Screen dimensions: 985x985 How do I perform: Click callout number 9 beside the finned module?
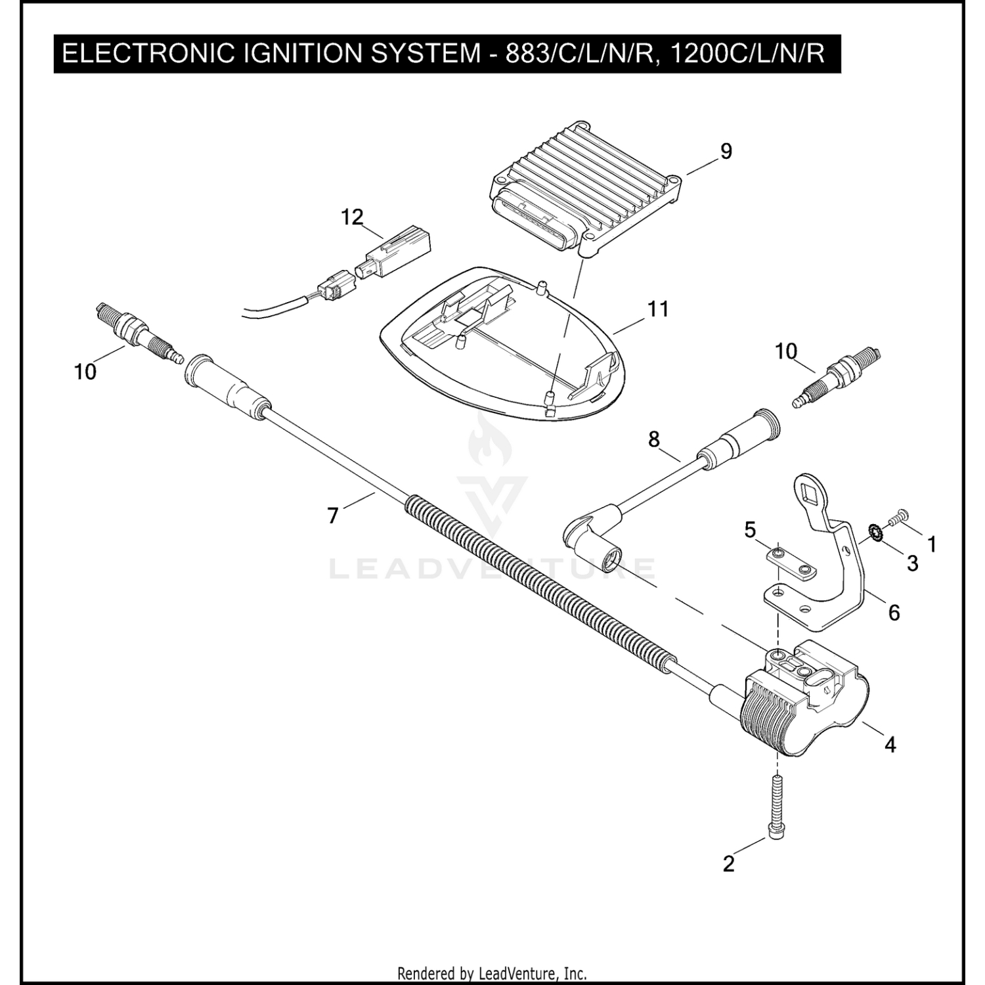point(726,152)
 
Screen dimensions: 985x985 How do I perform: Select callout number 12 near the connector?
point(352,217)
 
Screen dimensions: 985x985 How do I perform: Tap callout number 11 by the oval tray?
point(658,309)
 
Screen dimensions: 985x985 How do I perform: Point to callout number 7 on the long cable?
point(333,516)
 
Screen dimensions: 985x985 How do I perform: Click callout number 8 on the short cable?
point(653,439)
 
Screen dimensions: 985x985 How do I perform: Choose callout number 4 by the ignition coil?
point(890,745)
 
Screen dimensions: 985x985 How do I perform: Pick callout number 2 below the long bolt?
point(728,864)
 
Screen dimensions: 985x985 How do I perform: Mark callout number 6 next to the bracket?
point(894,613)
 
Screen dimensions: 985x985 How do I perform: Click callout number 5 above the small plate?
point(750,530)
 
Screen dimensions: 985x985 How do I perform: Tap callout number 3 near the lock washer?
point(912,563)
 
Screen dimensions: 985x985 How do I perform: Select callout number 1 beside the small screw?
point(931,544)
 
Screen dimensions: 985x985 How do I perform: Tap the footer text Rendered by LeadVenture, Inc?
point(492,973)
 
